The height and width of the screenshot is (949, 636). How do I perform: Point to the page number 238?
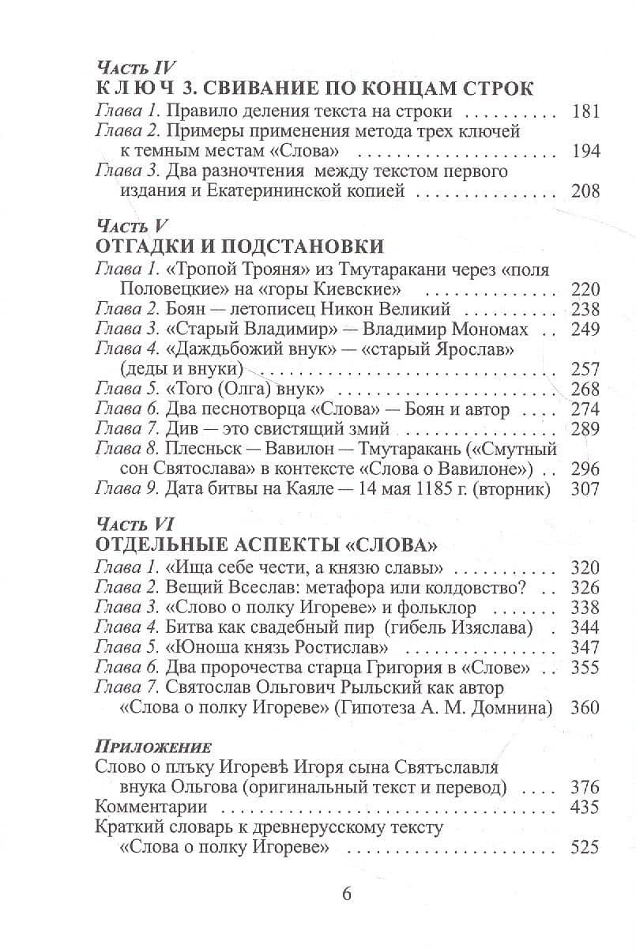[x=585, y=309]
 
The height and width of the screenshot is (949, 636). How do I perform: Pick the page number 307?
[x=585, y=491]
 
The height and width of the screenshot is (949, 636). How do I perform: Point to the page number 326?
[x=585, y=589]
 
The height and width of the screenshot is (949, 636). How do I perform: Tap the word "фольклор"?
[x=437, y=608]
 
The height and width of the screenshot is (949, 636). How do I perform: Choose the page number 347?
[x=585, y=649]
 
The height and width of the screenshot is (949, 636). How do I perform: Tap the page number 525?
[x=585, y=849]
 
